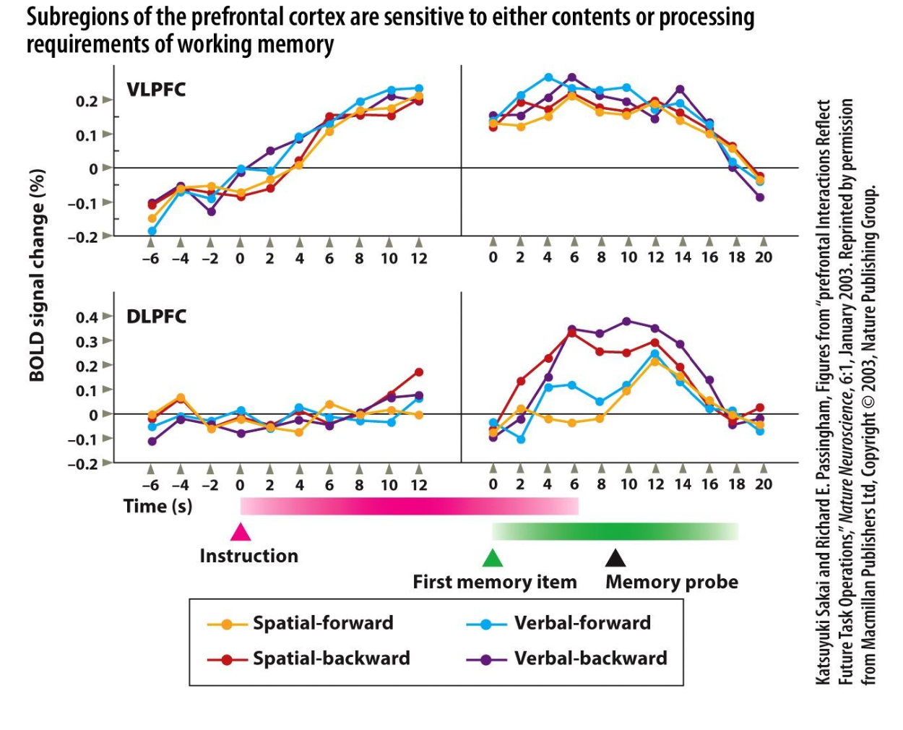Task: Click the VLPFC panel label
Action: tap(156, 90)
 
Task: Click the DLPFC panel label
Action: tap(156, 317)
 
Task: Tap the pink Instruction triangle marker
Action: tap(241, 533)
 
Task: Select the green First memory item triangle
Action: tap(492, 558)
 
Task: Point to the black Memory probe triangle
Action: tap(615, 557)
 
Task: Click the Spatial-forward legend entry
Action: tap(301, 623)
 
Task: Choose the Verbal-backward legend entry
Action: tap(568, 658)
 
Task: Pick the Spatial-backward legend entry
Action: tap(309, 658)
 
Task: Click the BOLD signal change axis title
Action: tap(37, 275)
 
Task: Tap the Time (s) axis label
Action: tap(158, 506)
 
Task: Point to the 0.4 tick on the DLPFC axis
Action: tap(87, 317)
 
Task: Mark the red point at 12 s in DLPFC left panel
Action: tap(419, 372)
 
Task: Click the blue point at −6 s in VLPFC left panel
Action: tap(152, 231)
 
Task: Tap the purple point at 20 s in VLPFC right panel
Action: tap(760, 197)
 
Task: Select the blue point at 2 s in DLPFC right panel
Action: tap(521, 439)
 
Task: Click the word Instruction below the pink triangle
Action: tap(249, 556)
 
